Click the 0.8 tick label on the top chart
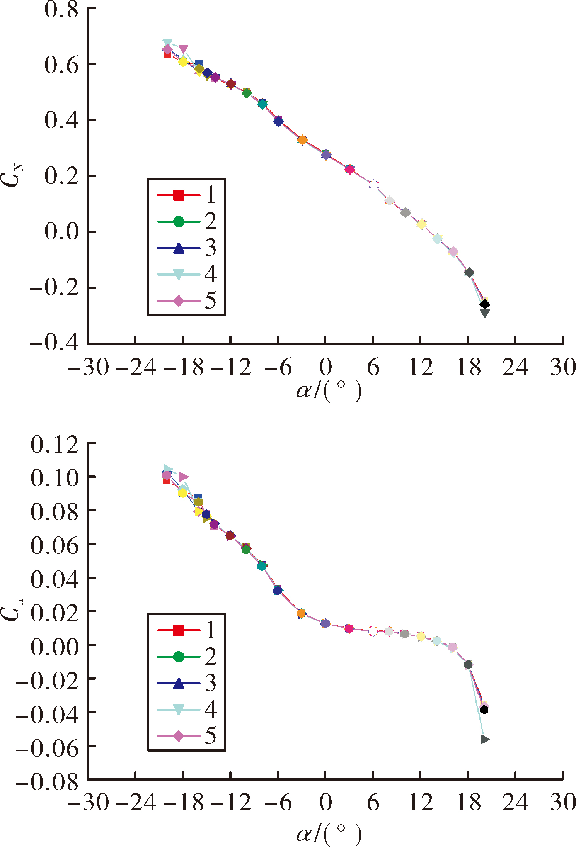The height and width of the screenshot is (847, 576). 61,9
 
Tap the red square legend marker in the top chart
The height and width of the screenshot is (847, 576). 179,195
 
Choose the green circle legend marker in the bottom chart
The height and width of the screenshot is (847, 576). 179,657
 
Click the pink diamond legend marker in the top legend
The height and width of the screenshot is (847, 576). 179,301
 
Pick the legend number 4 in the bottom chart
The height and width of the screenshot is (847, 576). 211,709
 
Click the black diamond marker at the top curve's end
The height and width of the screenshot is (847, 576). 484,304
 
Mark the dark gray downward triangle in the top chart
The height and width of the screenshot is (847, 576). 484,313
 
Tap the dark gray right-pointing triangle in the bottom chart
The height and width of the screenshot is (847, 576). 485,739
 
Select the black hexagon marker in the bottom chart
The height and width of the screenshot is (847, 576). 484,710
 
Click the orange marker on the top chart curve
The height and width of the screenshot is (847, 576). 302,140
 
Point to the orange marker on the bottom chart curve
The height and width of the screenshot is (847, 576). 302,613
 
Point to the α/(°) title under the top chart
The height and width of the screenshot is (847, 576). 329,391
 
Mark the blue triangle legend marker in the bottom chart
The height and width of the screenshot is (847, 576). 179,683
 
